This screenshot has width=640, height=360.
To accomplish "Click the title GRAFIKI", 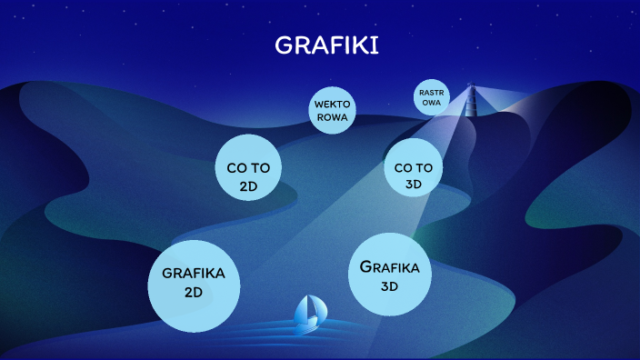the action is [326, 45].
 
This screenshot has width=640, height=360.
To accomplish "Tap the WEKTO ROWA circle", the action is [332, 111].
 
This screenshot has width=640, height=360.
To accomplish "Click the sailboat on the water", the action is [309, 312].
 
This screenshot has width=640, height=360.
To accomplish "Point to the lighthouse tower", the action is [471, 102].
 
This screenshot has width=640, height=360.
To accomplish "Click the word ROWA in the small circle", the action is [332, 117].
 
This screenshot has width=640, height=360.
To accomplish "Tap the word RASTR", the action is [430, 92].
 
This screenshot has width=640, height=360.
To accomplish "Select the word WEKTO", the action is [332, 105].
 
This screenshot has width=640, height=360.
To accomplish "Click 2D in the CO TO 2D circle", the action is [248, 186].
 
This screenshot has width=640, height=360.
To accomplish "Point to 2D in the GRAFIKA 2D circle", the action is [193, 293].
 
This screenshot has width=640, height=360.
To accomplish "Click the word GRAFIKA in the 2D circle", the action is [193, 273].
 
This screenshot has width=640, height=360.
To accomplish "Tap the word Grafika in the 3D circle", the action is [389, 267].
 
